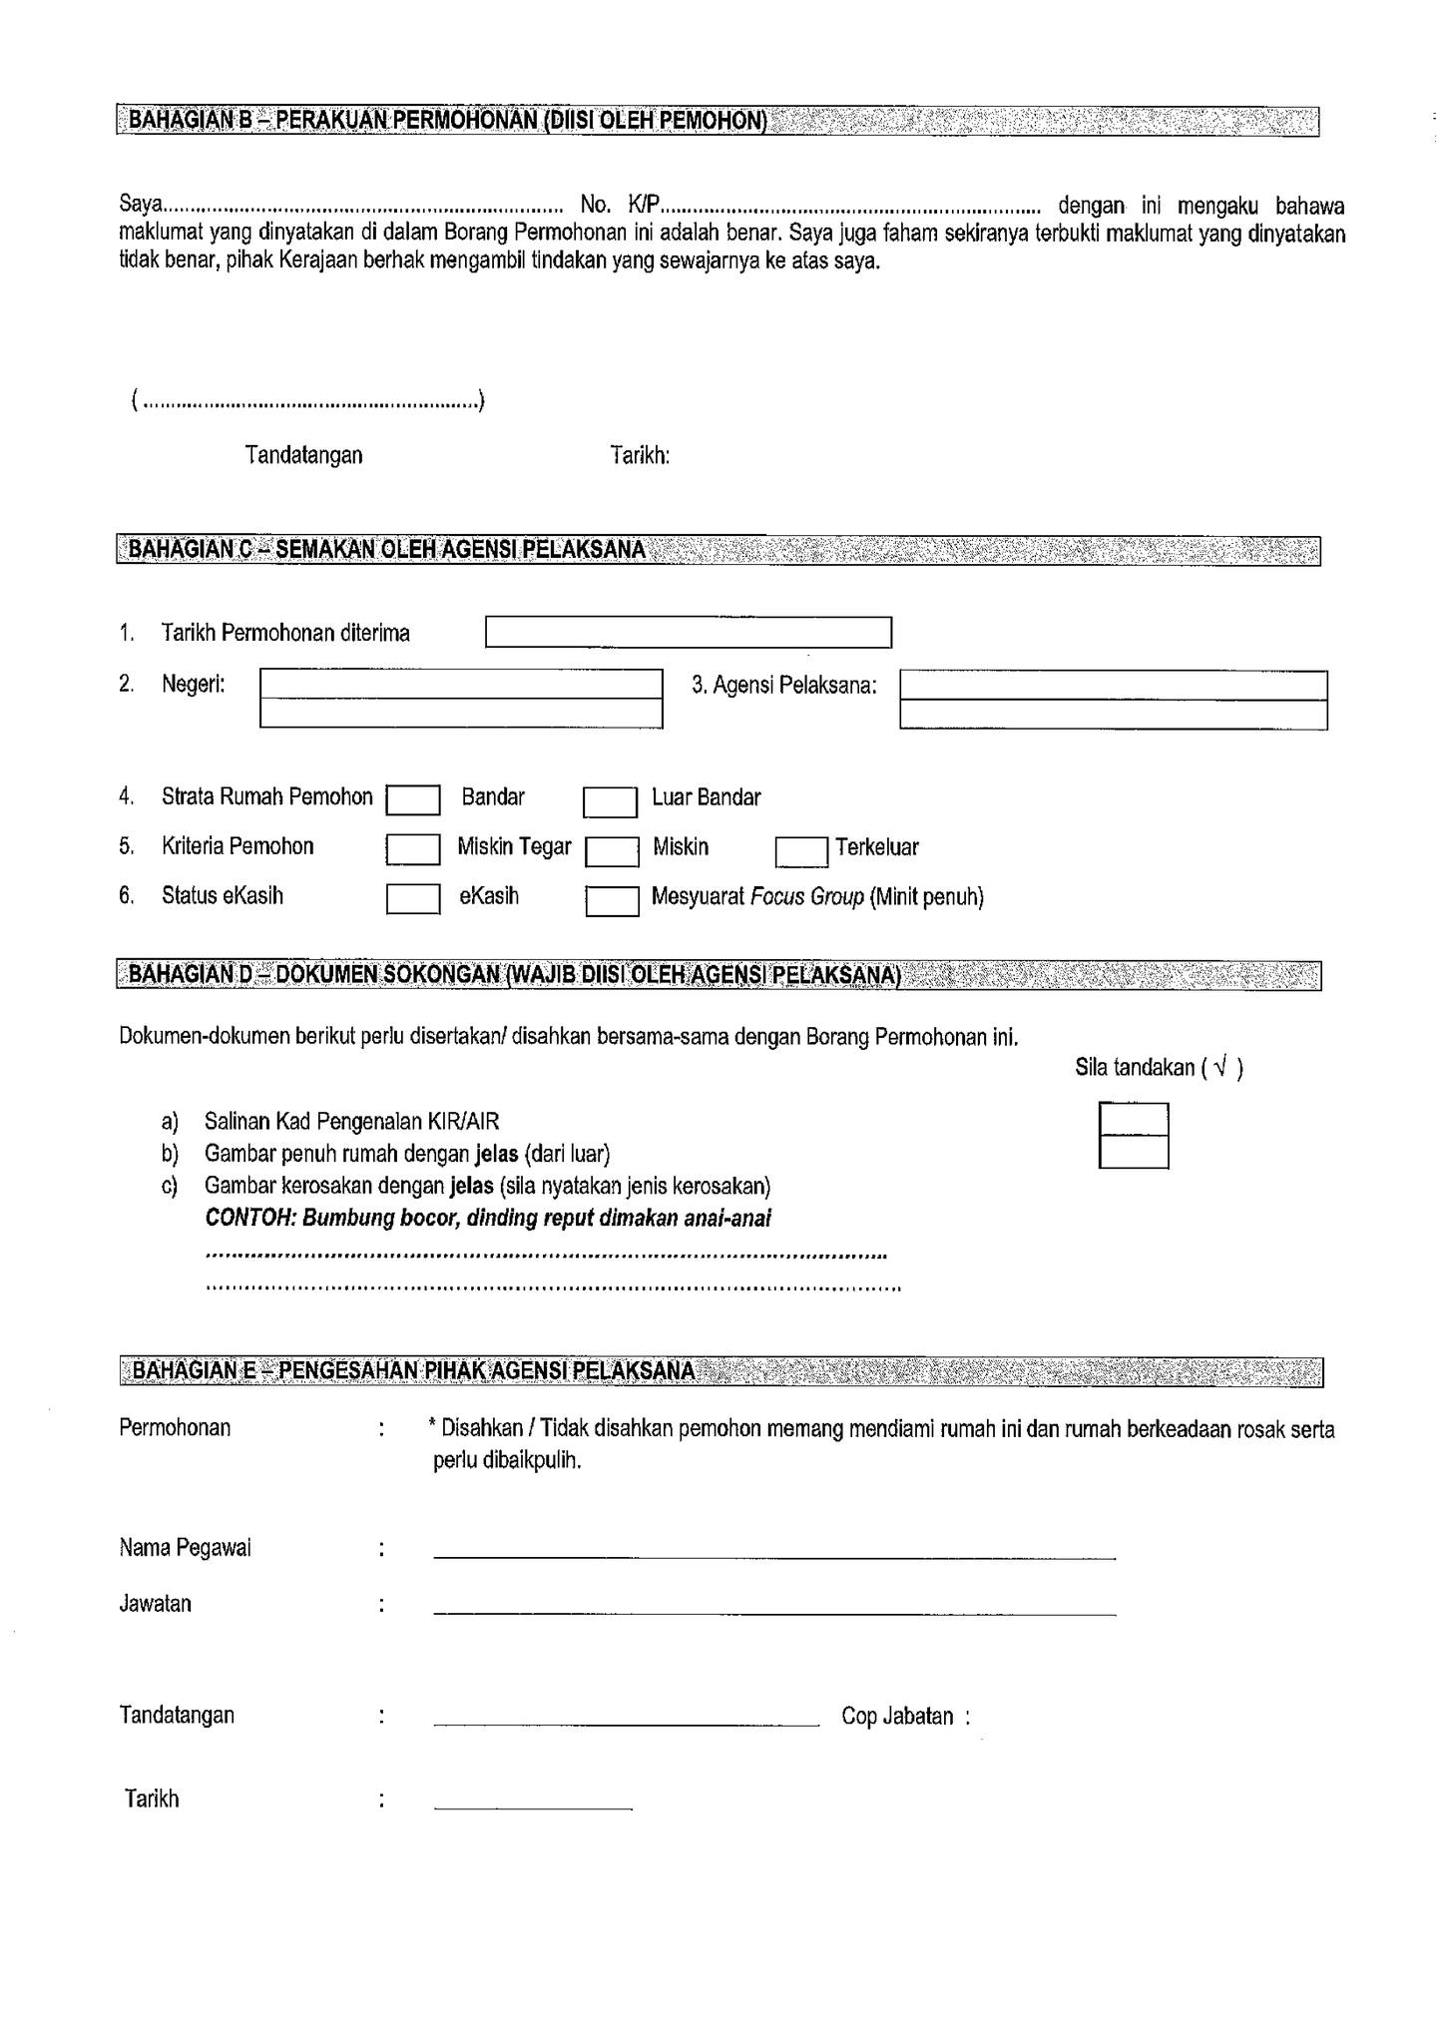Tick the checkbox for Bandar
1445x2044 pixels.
pyautogui.click(x=413, y=800)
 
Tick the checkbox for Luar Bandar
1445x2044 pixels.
pyautogui.click(x=610, y=802)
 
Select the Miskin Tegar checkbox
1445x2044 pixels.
pyautogui.click(x=413, y=849)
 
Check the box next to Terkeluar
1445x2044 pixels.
pyautogui.click(x=801, y=851)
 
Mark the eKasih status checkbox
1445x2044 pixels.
pyautogui.click(x=413, y=899)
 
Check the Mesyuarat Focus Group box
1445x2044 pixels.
pyautogui.click(x=611, y=901)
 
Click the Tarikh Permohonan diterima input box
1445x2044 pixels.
pyautogui.click(x=688, y=633)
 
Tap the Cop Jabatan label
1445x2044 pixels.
pyautogui.click(x=897, y=1718)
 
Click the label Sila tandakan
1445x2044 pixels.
pyautogui.click(x=1135, y=1068)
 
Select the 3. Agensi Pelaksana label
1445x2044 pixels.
pyautogui.click(x=783, y=686)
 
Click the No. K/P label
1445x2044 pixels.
pyautogui.click(x=620, y=206)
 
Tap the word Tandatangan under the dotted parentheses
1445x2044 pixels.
pyautogui.click(x=303, y=456)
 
